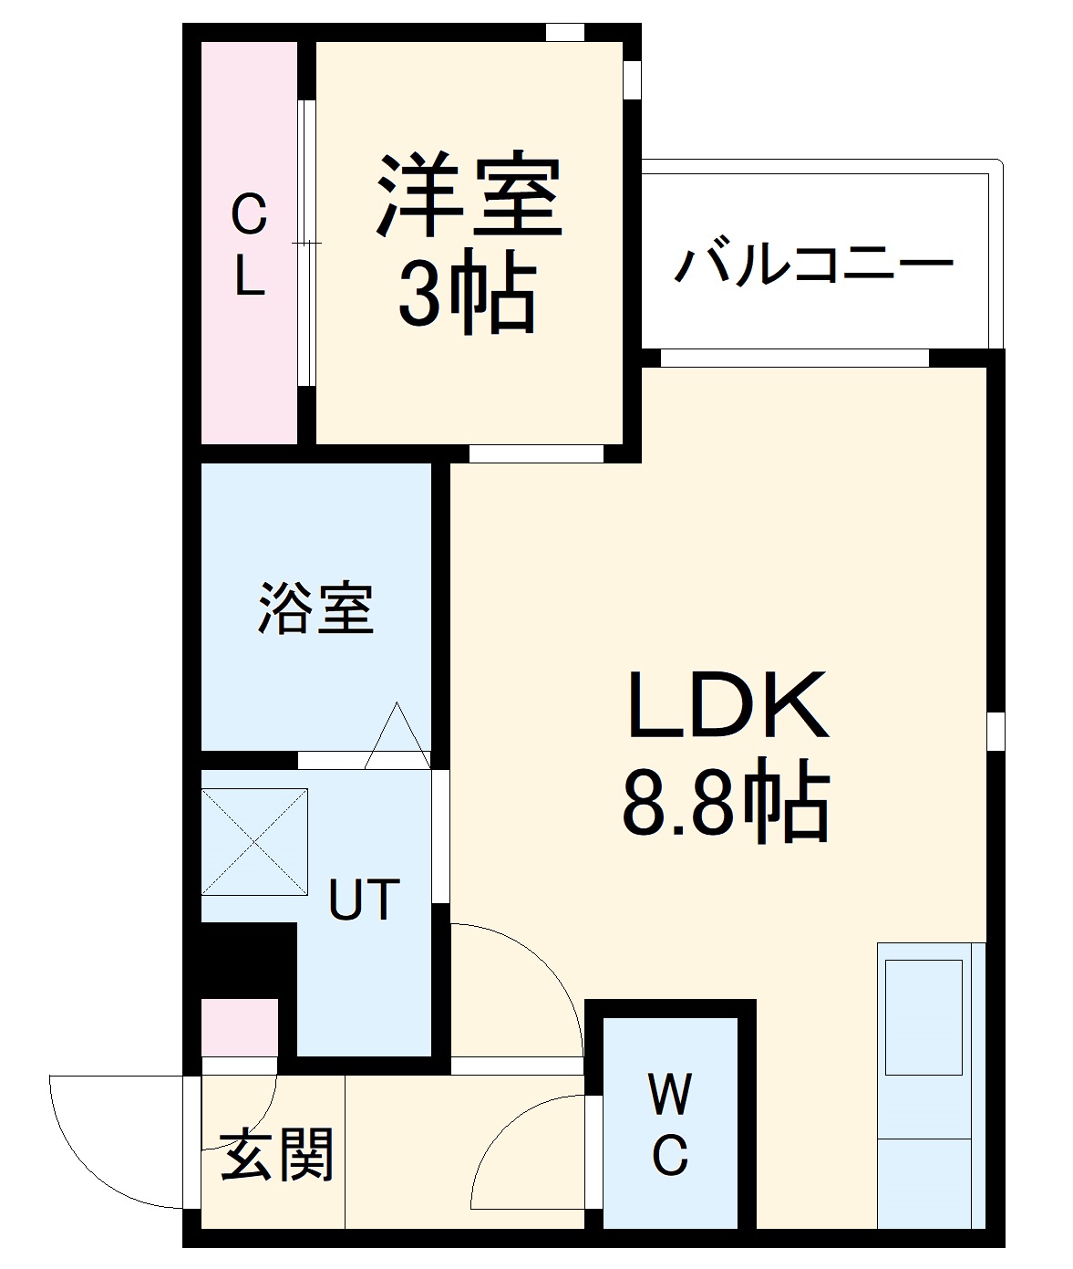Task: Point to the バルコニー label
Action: [x=813, y=265]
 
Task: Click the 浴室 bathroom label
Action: [x=315, y=608]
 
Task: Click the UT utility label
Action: [x=363, y=900]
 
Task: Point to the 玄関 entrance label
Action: [x=277, y=1154]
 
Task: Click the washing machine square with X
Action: [x=254, y=841]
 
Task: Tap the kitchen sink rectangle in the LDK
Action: [x=923, y=1016]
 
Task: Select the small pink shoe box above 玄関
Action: [x=239, y=1027]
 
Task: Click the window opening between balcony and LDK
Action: [x=794, y=358]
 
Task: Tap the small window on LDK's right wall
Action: [x=996, y=731]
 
